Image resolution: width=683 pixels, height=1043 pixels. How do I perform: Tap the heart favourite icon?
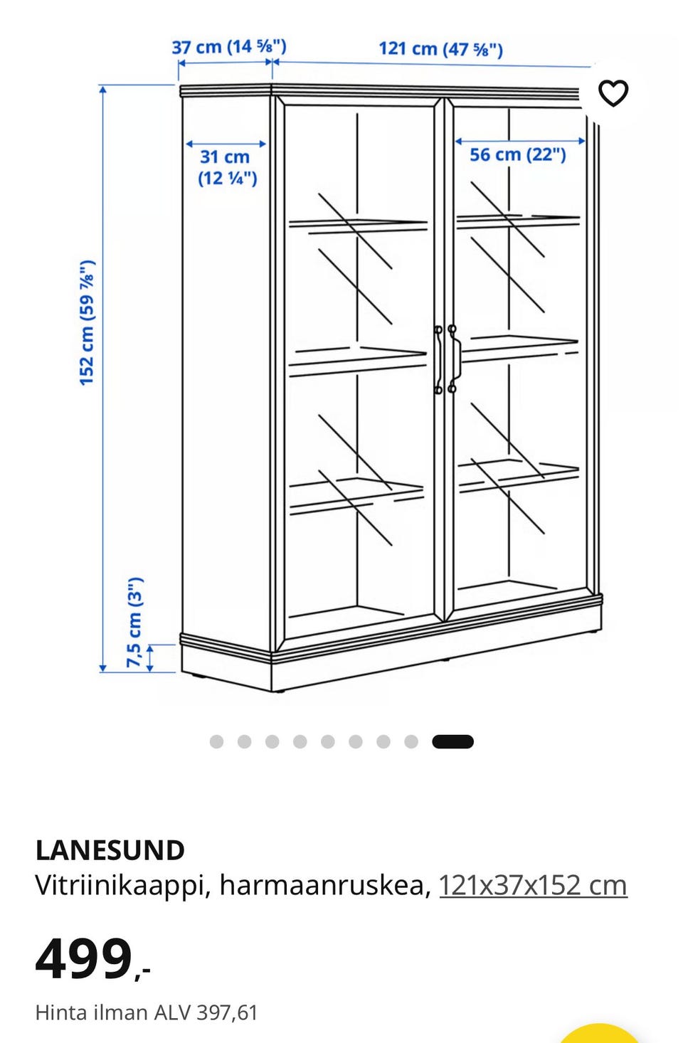pyautogui.click(x=613, y=93)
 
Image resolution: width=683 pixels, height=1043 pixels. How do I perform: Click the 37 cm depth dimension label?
pyautogui.click(x=229, y=47)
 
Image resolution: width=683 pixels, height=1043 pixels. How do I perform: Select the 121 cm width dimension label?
pyautogui.click(x=441, y=49)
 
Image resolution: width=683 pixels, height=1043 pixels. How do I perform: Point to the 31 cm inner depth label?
pyautogui.click(x=227, y=167)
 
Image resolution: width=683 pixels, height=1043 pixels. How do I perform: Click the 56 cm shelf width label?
pyautogui.click(x=518, y=154)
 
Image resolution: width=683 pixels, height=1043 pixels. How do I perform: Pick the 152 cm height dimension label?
pyautogui.click(x=88, y=323)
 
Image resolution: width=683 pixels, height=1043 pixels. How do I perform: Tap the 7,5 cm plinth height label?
pyautogui.click(x=134, y=623)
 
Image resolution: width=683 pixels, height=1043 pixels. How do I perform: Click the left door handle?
pyautogui.click(x=438, y=359)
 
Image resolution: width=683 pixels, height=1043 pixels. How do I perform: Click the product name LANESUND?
pyautogui.click(x=110, y=850)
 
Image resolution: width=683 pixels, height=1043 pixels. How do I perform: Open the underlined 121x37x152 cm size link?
pyautogui.click(x=533, y=885)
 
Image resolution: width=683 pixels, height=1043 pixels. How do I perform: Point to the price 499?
pyautogui.click(x=84, y=959)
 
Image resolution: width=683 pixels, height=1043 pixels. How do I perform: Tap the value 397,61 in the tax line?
pyautogui.click(x=227, y=1012)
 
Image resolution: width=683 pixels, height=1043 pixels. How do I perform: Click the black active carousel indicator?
pyautogui.click(x=452, y=742)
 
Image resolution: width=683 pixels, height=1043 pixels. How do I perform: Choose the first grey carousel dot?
pyautogui.click(x=216, y=742)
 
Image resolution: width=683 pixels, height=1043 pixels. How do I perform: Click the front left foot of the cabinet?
pyautogui.click(x=278, y=692)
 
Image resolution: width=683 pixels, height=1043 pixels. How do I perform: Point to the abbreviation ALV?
pyautogui.click(x=172, y=1012)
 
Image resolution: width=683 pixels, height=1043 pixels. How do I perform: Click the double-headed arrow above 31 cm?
pyautogui.click(x=226, y=144)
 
